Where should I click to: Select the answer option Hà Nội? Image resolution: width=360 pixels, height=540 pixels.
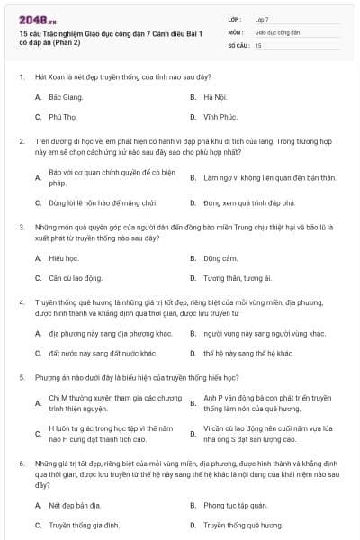point(214,96)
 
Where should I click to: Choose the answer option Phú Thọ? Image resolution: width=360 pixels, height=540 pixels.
point(63,117)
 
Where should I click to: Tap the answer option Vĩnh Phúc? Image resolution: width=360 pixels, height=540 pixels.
point(219,117)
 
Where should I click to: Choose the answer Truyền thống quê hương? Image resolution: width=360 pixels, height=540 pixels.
point(245,525)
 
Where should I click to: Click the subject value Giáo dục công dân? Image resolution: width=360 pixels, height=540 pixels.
point(278,31)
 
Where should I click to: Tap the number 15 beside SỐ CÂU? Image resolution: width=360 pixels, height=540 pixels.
point(258,44)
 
